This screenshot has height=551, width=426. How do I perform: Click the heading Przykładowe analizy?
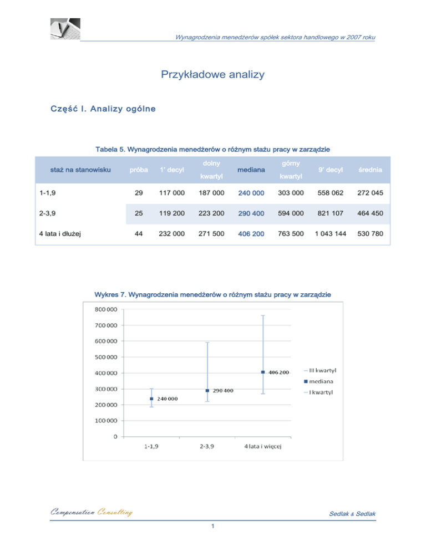coord(212,74)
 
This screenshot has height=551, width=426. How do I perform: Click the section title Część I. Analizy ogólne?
coord(96,109)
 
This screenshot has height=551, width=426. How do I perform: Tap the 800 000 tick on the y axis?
coord(97,309)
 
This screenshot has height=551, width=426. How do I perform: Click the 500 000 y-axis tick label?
coord(97,356)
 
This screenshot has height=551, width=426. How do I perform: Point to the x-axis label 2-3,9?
coord(207,447)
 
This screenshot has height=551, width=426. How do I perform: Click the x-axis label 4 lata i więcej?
coord(263,447)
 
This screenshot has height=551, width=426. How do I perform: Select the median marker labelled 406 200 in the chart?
coord(263,372)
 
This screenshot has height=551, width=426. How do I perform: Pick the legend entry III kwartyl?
coord(324,370)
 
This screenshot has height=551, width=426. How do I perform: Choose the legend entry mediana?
coord(324,381)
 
